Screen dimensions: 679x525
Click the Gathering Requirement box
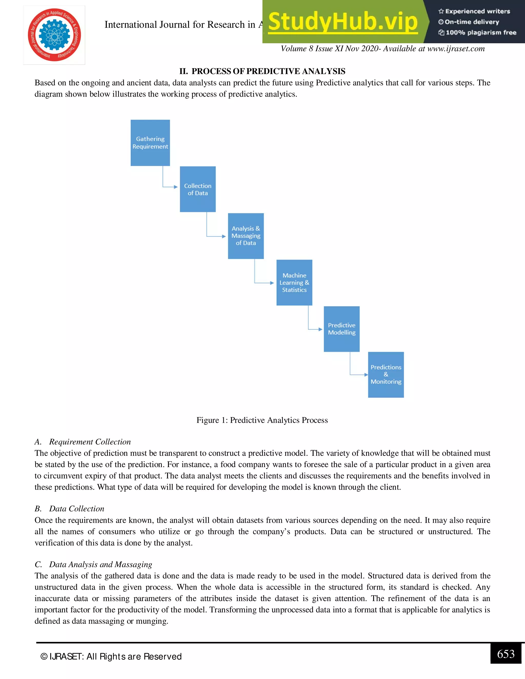click(150, 143)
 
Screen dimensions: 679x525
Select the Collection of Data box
click(198, 189)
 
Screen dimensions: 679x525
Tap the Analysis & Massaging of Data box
click(246, 236)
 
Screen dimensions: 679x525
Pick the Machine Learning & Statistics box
click(294, 283)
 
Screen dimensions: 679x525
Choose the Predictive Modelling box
click(341, 329)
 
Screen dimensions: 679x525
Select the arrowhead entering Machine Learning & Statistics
click(272, 283)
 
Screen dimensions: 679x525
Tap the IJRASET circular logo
click(54, 35)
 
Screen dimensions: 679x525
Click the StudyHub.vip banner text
click(343, 22)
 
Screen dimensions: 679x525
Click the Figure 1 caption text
click(262, 420)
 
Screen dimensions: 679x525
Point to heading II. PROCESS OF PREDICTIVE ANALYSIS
click(262, 71)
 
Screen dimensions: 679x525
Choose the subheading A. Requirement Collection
click(83, 442)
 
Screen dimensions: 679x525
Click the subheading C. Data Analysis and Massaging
click(93, 564)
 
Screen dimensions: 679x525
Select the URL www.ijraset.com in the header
click(456, 49)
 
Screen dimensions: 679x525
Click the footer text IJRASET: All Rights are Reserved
click(111, 657)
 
